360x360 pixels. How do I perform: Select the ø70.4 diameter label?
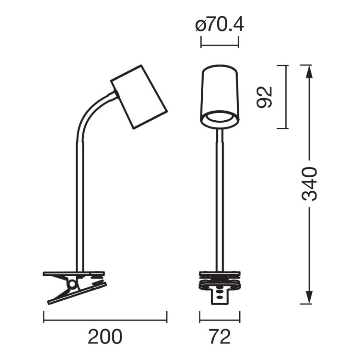coord(219,26)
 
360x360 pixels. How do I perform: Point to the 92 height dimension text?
coord(264,97)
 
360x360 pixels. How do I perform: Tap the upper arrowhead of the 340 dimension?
coord(309,71)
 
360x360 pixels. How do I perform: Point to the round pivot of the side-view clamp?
coord(73,284)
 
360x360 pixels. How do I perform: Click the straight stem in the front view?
coord(219,199)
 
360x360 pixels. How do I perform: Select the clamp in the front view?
coord(219,284)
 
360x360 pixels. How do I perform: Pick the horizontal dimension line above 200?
coord(105,320)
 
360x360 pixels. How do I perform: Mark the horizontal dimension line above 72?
coord(220,320)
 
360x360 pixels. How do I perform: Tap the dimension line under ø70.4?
coord(219,42)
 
